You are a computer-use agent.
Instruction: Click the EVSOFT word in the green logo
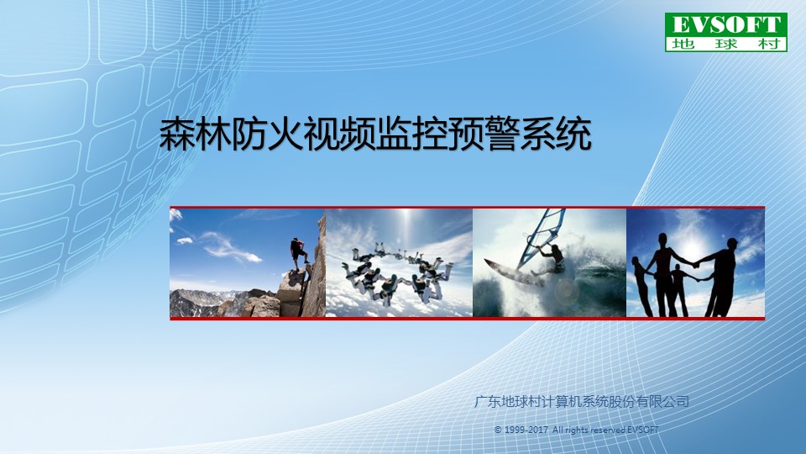[726, 24]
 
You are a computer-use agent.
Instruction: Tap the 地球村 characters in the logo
[725, 44]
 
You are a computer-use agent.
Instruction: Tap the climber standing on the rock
[298, 253]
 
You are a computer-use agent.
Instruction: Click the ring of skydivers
[397, 272]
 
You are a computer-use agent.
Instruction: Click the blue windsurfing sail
[540, 238]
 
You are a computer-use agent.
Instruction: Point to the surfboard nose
[486, 262]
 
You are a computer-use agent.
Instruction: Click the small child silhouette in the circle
[679, 289]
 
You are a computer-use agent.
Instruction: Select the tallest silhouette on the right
[721, 277]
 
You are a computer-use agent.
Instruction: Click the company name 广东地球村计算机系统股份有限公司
[581, 402]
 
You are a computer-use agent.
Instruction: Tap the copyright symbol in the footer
[498, 430]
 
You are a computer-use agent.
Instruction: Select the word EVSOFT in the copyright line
[642, 430]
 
